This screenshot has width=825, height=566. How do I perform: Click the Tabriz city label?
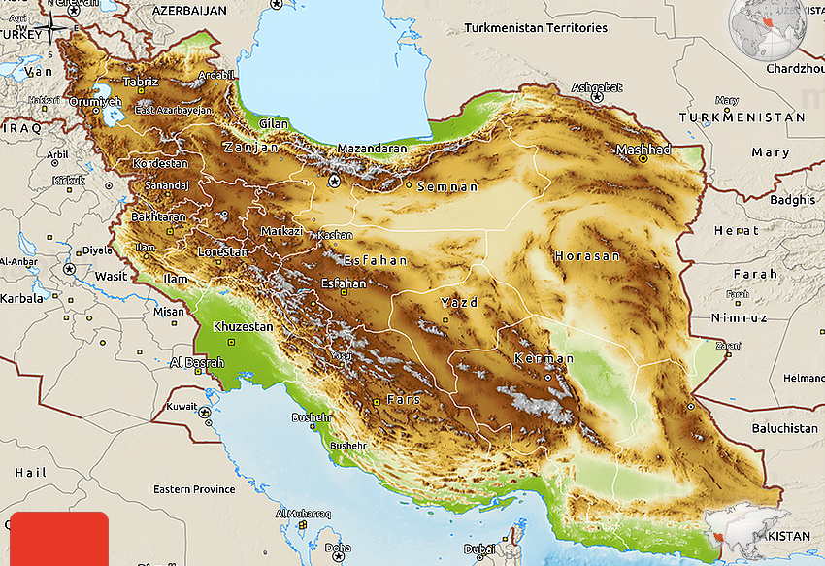point(140,82)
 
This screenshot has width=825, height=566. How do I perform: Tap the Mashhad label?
point(643,150)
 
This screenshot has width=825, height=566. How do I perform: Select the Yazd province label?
point(459,303)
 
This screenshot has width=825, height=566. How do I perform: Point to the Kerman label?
point(538,359)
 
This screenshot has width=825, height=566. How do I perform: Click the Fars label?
point(403,399)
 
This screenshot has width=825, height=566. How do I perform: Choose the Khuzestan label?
point(243,327)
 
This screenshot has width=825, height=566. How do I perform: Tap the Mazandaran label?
point(372,149)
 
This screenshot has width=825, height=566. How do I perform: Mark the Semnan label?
point(447,186)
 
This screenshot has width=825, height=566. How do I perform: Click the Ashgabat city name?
point(596,87)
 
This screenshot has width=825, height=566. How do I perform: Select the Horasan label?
point(586,256)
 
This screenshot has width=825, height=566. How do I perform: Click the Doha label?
point(338,548)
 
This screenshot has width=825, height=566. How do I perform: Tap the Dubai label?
point(479,549)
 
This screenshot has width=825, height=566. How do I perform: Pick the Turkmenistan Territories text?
point(535,28)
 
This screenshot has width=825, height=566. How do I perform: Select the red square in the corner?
point(56,538)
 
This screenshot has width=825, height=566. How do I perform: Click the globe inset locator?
point(768,29)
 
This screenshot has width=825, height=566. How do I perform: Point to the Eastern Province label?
point(194,489)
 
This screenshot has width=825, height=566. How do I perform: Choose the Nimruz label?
point(739,317)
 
